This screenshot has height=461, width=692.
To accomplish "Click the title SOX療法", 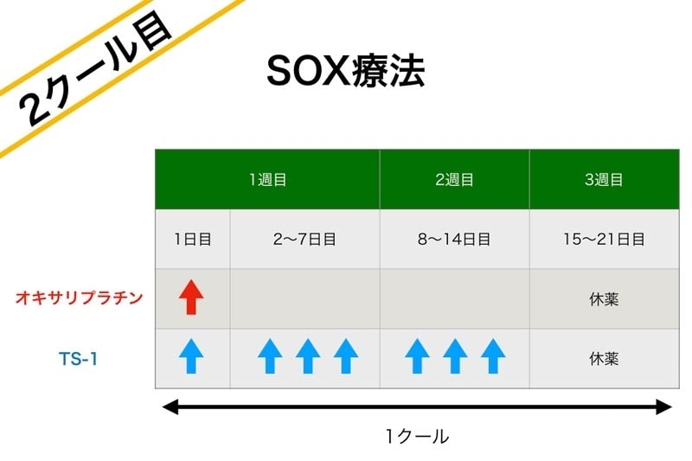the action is point(345,71).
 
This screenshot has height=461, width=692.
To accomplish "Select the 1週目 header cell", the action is point(267,180).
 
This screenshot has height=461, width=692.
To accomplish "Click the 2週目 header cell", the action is point(455,180).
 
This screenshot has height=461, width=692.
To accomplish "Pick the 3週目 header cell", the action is point(604,180).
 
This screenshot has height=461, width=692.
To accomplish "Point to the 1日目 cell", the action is point(192,239).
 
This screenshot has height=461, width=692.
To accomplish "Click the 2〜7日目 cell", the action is point(304,239).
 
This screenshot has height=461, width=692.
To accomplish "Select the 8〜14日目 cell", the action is point(455,239).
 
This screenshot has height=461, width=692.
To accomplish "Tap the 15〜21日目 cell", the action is point(604,239).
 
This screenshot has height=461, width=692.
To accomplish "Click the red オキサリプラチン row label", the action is point(80,298).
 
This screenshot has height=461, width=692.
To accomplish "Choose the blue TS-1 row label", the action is point(78,359).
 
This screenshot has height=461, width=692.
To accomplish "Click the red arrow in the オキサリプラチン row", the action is point(191,297).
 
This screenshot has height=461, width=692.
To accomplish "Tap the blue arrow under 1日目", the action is point(191,356).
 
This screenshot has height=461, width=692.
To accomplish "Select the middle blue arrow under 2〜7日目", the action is point(308,356).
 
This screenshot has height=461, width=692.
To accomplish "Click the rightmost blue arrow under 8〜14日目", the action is point(493,356).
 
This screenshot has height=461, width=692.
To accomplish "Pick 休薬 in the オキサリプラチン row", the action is point(604,299).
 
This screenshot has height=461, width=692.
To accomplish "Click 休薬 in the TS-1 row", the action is point(604,359).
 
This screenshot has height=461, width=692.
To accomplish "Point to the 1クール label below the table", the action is point(418,436).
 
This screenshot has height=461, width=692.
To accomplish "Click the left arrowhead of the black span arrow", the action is point(170,407).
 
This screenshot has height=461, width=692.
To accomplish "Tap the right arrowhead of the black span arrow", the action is point(664,407).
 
